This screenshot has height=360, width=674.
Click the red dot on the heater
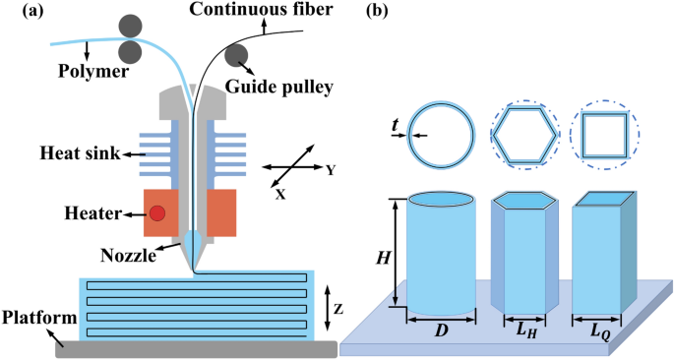point(157,212)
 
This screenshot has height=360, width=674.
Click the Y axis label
point(332,170)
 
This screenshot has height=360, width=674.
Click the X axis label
point(280,195)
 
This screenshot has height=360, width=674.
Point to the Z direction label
point(338,308)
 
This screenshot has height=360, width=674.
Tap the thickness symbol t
point(395,125)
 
